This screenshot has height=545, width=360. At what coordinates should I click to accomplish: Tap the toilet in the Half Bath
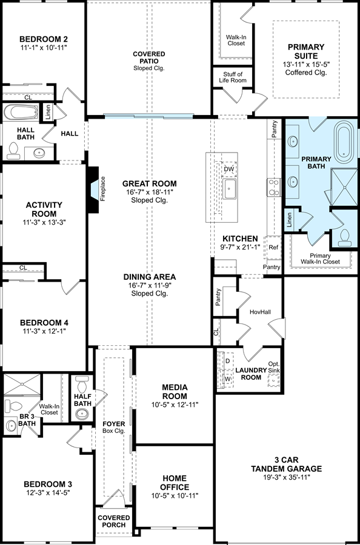(82, 384)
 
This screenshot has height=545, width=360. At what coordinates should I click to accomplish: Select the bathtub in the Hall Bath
(21, 112)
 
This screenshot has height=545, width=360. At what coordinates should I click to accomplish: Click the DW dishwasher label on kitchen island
(228, 170)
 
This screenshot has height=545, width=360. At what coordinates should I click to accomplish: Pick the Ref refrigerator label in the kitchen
(273, 248)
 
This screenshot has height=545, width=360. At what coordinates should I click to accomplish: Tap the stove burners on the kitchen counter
(274, 187)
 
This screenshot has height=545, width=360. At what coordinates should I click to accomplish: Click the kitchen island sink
(229, 189)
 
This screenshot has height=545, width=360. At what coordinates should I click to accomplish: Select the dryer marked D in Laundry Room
(227, 361)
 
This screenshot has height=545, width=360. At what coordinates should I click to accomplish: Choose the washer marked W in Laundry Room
(227, 378)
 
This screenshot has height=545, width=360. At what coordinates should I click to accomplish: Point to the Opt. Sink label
(274, 367)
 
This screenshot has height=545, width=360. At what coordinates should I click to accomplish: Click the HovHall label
(260, 311)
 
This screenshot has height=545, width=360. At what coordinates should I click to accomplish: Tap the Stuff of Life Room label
(233, 77)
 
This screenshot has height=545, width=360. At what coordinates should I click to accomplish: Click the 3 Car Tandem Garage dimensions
(286, 477)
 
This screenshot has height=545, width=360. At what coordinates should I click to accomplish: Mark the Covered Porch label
(114, 521)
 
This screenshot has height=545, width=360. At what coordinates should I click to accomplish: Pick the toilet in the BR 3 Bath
(13, 405)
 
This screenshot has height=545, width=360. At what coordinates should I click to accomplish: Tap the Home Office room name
(174, 483)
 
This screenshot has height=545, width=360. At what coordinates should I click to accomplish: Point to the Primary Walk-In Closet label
(321, 259)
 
